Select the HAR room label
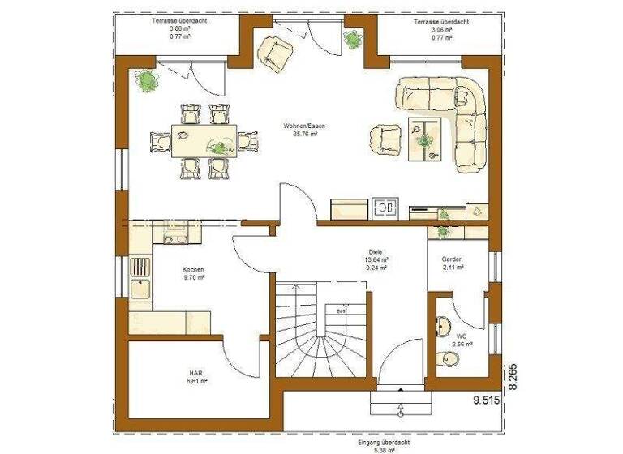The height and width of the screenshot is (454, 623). pos(195,375)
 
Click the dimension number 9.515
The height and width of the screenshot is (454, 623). pos(486,400)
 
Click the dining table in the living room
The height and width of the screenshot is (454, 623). pos(204,140)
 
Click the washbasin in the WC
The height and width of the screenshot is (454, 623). pos(442,327)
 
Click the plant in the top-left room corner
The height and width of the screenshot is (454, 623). pos(147,79)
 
